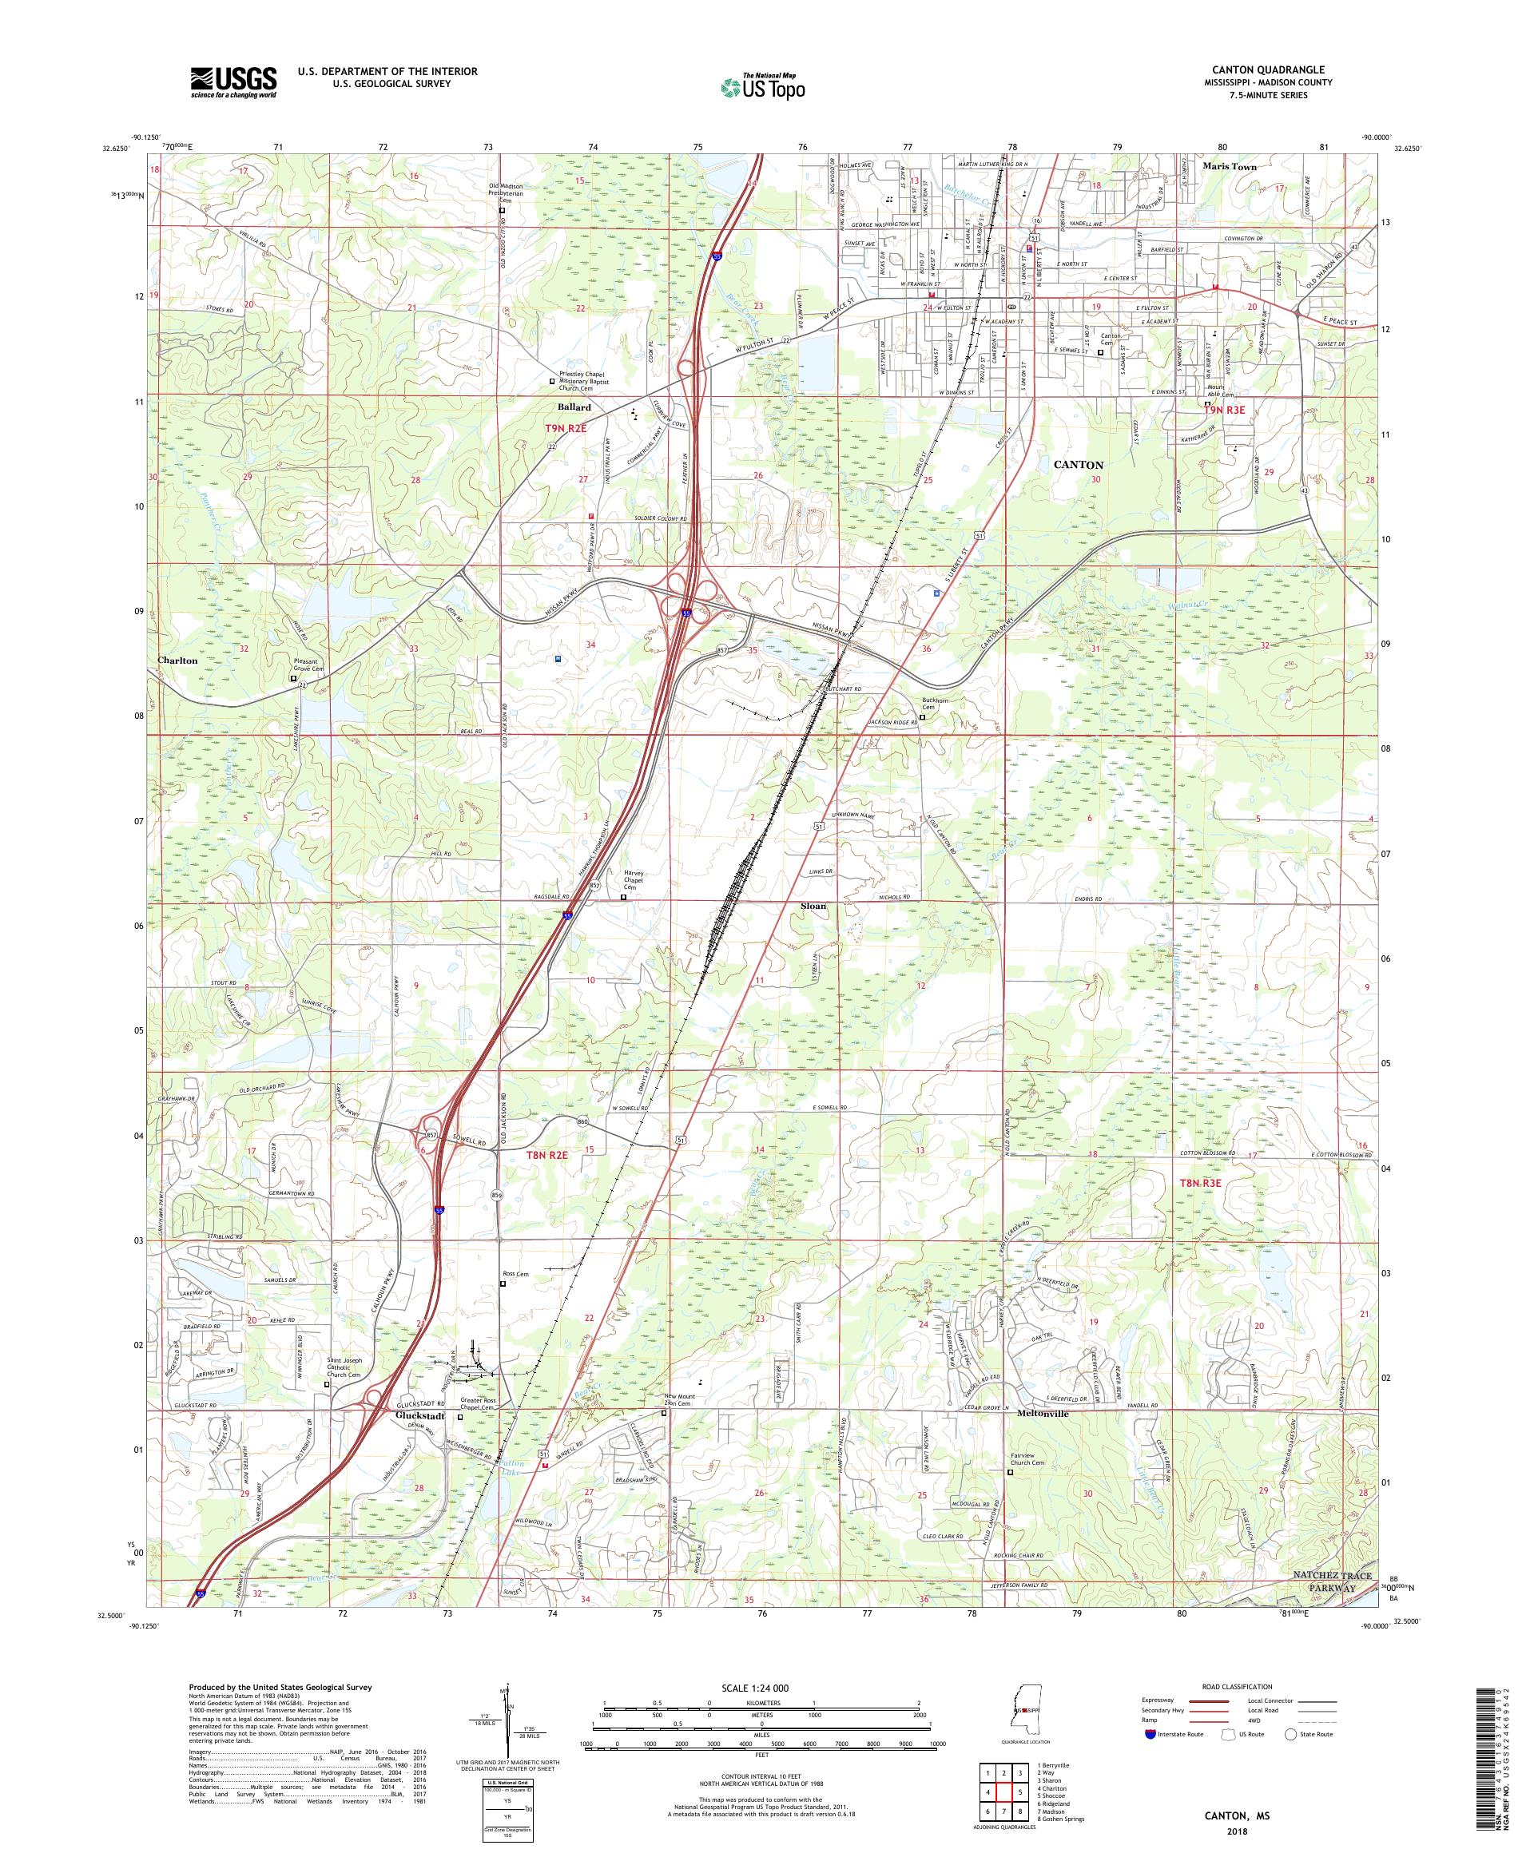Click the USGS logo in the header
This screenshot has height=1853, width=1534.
(233, 83)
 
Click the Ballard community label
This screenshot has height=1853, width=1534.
(574, 407)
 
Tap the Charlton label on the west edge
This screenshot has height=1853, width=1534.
(177, 660)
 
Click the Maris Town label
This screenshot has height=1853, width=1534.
(1230, 166)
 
